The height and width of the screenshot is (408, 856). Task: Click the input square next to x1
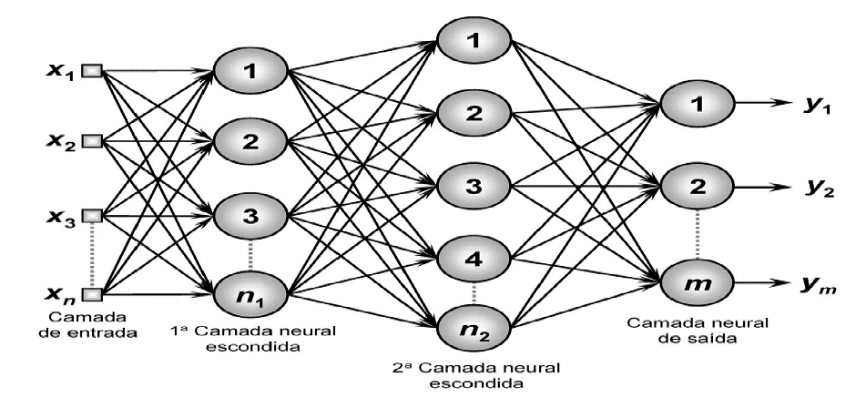pyautogui.click(x=92, y=70)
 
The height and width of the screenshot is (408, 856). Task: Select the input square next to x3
pyautogui.click(x=92, y=216)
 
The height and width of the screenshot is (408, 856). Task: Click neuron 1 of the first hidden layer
pyautogui.click(x=250, y=72)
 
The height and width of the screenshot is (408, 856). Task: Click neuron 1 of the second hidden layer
pyautogui.click(x=474, y=40)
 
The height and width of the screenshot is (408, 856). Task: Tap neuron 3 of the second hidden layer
pyautogui.click(x=474, y=185)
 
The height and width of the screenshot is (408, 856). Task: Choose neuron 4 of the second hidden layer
pyautogui.click(x=474, y=258)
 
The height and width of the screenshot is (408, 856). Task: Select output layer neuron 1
pyautogui.click(x=698, y=107)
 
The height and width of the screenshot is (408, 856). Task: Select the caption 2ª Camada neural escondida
pyautogui.click(x=474, y=376)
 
